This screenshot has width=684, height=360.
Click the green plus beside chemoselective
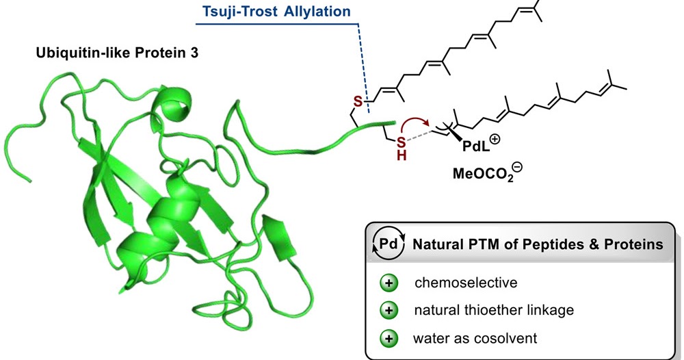pyautogui.click(x=389, y=281)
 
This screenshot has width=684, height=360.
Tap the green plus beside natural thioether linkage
pyautogui.click(x=389, y=310)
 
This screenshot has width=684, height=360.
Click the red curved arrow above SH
pyautogui.click(x=414, y=124)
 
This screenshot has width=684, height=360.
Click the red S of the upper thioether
pyautogui.click(x=356, y=103)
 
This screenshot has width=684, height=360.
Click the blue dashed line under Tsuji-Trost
pyautogui.click(x=364, y=68)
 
